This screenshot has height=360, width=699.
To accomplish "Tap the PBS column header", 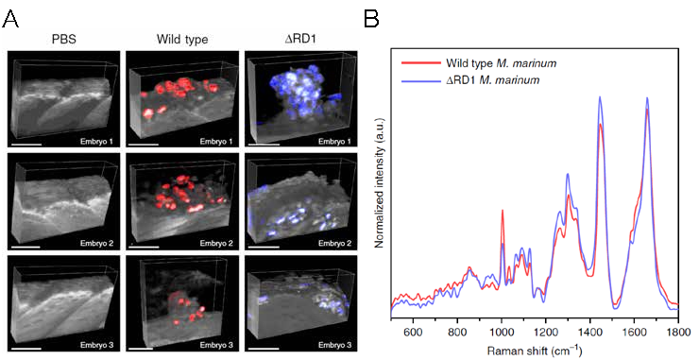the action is (x=63, y=40).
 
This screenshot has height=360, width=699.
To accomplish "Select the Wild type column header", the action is (x=182, y=40).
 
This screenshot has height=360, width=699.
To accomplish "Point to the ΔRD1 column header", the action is (x=301, y=40).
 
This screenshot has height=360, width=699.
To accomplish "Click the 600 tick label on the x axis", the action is (x=413, y=333).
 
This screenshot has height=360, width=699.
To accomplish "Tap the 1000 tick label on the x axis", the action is (x=502, y=333).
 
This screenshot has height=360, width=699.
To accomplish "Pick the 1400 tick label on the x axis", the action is (x=589, y=333).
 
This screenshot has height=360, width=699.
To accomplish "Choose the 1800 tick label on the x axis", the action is (x=678, y=333).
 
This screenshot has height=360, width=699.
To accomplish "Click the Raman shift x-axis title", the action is (x=534, y=350).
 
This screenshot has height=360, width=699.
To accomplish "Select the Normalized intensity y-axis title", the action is (x=380, y=183).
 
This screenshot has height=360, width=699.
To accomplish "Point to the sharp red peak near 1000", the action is (x=503, y=211).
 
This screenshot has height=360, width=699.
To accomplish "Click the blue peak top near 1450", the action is (x=600, y=97).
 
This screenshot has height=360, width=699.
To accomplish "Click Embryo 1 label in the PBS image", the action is (x=96, y=142).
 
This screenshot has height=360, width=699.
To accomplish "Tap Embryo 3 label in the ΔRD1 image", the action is (x=334, y=345).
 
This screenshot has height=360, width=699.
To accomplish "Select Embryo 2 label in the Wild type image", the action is (x=216, y=244).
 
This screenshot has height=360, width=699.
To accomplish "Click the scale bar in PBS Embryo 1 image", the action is (x=27, y=144).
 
